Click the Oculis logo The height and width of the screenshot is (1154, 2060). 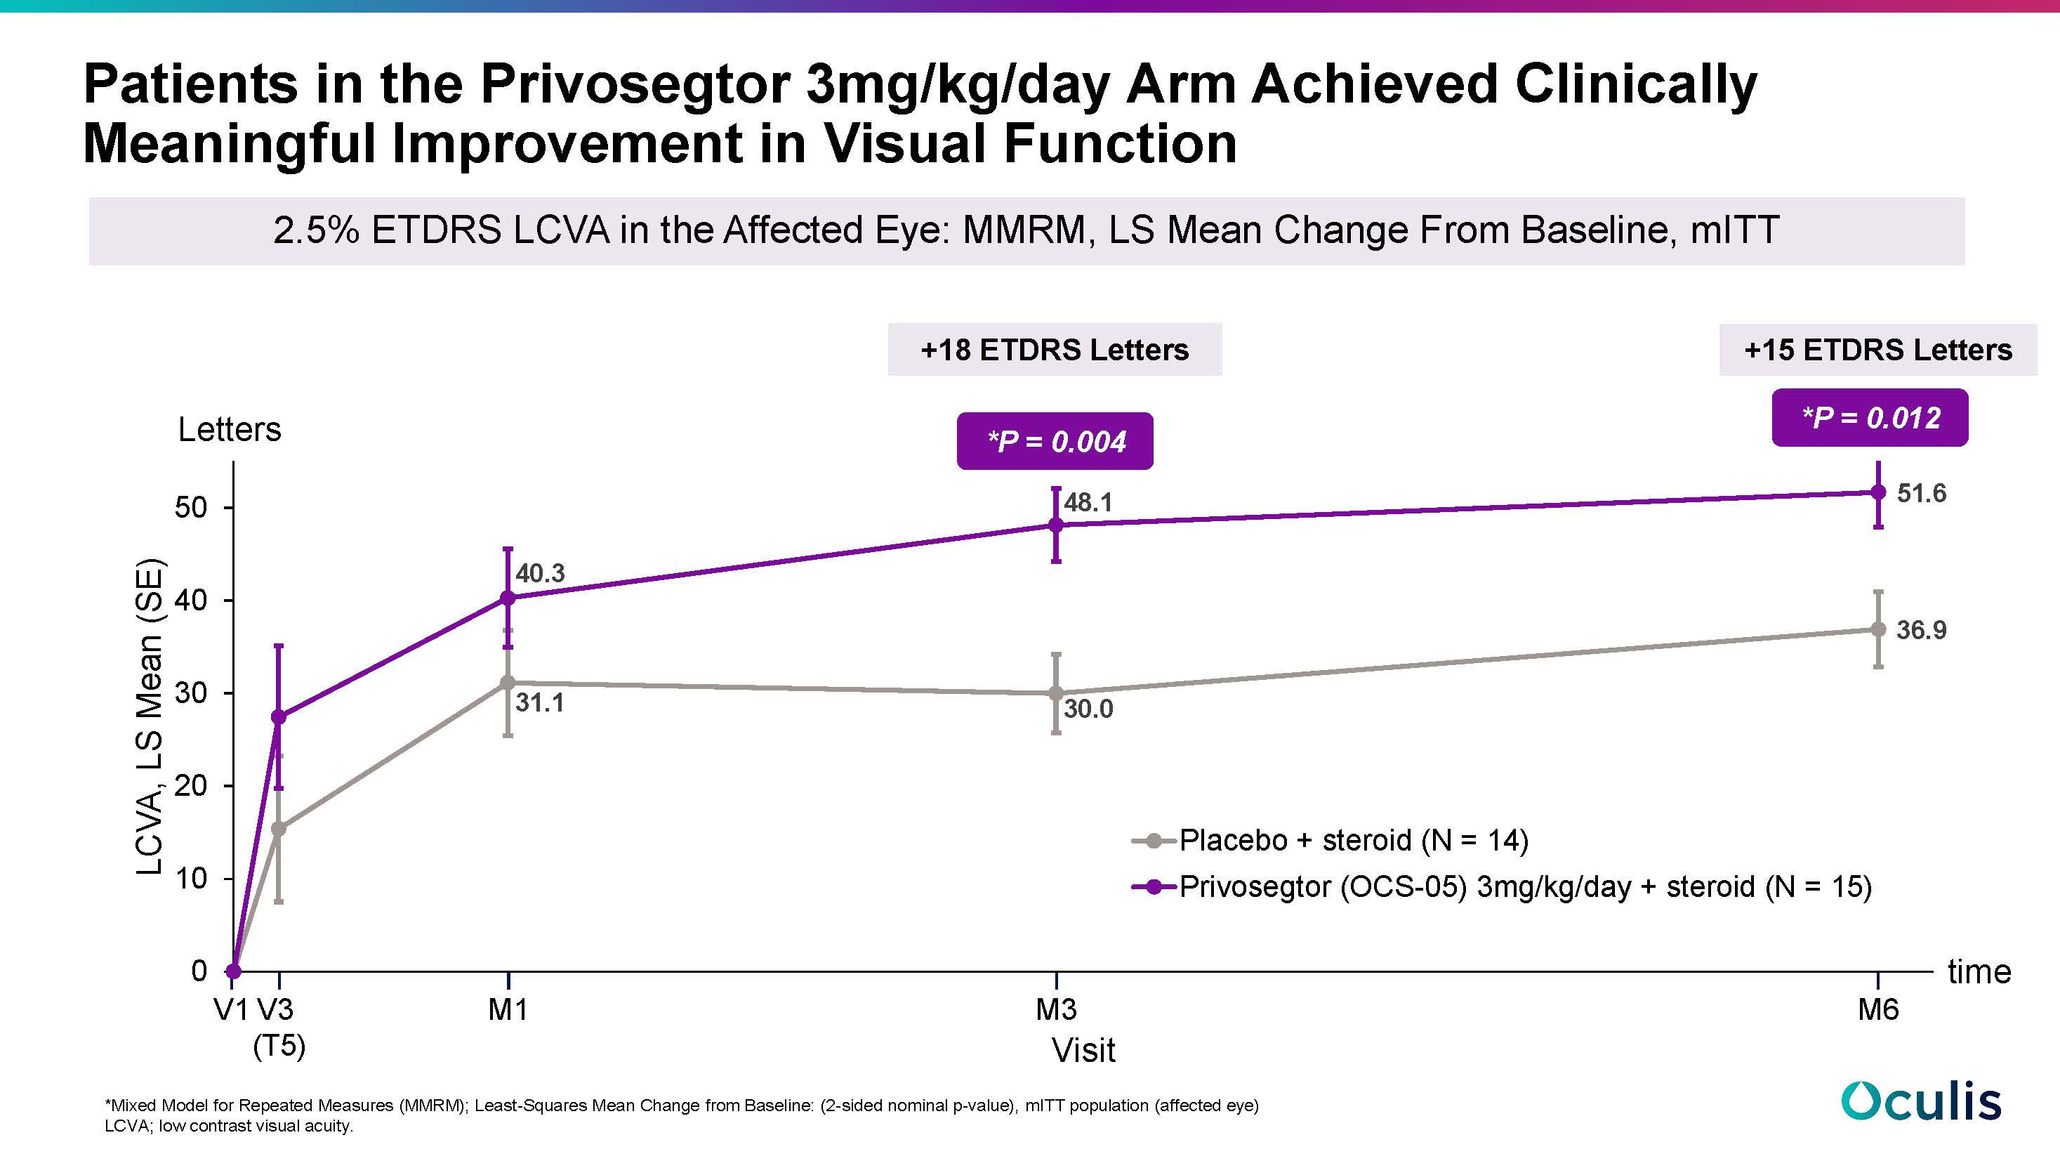click(x=1921, y=1101)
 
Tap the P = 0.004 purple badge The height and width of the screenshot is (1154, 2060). click(x=1055, y=442)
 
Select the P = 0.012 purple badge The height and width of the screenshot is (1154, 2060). click(x=1870, y=417)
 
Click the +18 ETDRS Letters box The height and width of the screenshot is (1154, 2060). click(x=1054, y=350)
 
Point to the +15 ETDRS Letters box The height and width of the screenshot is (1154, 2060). click(x=1877, y=350)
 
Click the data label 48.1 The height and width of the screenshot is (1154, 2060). click(x=1088, y=502)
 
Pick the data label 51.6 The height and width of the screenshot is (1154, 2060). click(x=1921, y=492)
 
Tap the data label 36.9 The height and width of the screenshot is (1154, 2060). click(x=1921, y=630)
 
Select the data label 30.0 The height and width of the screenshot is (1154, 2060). click(x=1088, y=709)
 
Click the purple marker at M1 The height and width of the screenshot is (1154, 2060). click(x=508, y=598)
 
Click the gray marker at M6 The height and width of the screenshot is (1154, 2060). click(x=1878, y=629)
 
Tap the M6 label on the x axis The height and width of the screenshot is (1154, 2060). click(x=1877, y=1010)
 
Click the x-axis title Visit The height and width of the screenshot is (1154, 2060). click(x=1083, y=1051)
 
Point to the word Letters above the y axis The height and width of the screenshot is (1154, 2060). click(x=230, y=429)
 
